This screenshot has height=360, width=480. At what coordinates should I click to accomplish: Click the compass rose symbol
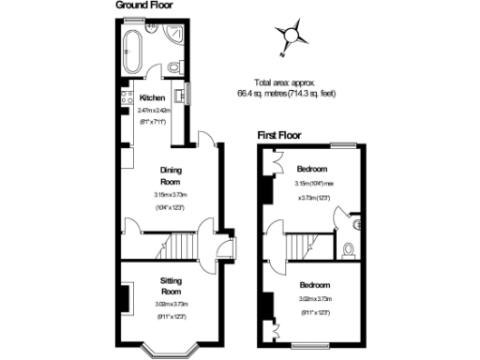coord(293,35)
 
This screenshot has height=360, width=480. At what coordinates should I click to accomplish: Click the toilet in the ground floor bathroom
coord(175,67)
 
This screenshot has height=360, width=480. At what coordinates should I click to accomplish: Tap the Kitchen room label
coord(153,98)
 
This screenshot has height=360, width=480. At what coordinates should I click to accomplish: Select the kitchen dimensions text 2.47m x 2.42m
coord(153,110)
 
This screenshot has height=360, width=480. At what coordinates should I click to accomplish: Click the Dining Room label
coord(170,175)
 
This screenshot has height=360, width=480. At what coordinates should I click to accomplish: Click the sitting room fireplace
coord(122,295)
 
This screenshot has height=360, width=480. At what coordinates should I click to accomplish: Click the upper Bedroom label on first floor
coord(312,169)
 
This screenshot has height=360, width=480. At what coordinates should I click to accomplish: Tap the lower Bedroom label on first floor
coord(315,284)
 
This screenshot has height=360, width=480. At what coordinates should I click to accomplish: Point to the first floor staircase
coord(301,247)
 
